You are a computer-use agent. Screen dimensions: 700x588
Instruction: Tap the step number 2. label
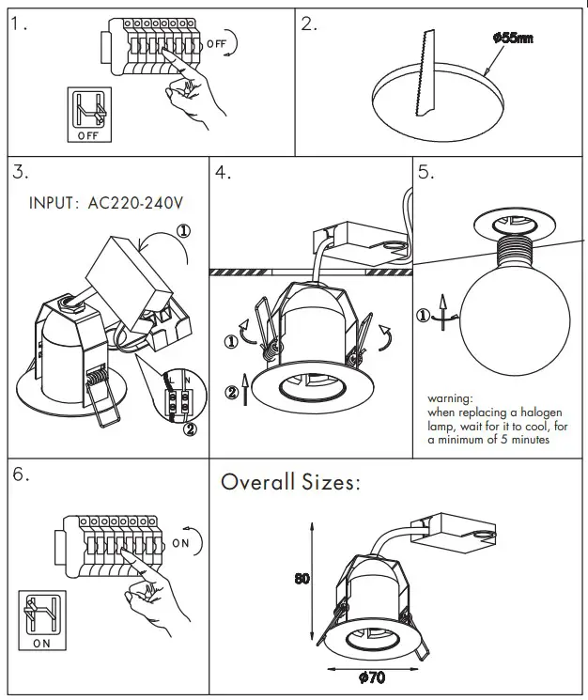coord(310,24)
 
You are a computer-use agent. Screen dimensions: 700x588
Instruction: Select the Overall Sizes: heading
coord(289,483)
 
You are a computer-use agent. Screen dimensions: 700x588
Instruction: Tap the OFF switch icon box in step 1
coord(87,115)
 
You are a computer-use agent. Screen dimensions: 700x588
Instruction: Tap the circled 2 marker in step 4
coord(231,391)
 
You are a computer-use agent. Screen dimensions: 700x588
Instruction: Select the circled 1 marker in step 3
coord(184,228)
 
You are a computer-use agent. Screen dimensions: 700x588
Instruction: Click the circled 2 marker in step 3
coord(190,431)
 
